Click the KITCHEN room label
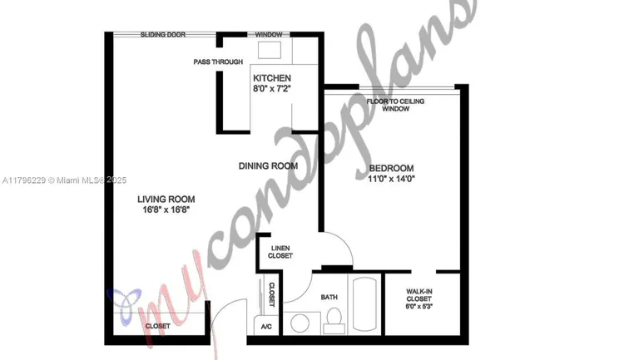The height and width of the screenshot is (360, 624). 272,78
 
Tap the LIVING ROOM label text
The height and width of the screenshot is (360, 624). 166,200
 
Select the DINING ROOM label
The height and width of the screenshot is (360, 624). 268,166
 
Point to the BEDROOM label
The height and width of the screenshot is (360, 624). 391,168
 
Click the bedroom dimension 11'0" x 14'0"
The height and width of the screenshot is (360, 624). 391,179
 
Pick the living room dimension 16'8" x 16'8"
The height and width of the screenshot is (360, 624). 166,210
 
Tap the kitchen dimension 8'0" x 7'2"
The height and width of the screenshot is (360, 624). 272,88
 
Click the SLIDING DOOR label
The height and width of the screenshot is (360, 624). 163,35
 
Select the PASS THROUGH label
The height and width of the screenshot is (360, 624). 218,62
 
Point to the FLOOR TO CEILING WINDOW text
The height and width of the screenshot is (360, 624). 395,105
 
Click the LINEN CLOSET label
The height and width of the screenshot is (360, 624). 280,252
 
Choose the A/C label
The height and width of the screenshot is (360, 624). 266,327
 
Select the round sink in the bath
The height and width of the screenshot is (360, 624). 300,323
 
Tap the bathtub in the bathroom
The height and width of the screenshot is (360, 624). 364,304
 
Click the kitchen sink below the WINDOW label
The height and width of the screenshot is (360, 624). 270,50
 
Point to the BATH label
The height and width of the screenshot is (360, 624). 329,297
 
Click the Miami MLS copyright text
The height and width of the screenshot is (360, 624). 64,180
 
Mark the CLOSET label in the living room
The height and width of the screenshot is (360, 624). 157,326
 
